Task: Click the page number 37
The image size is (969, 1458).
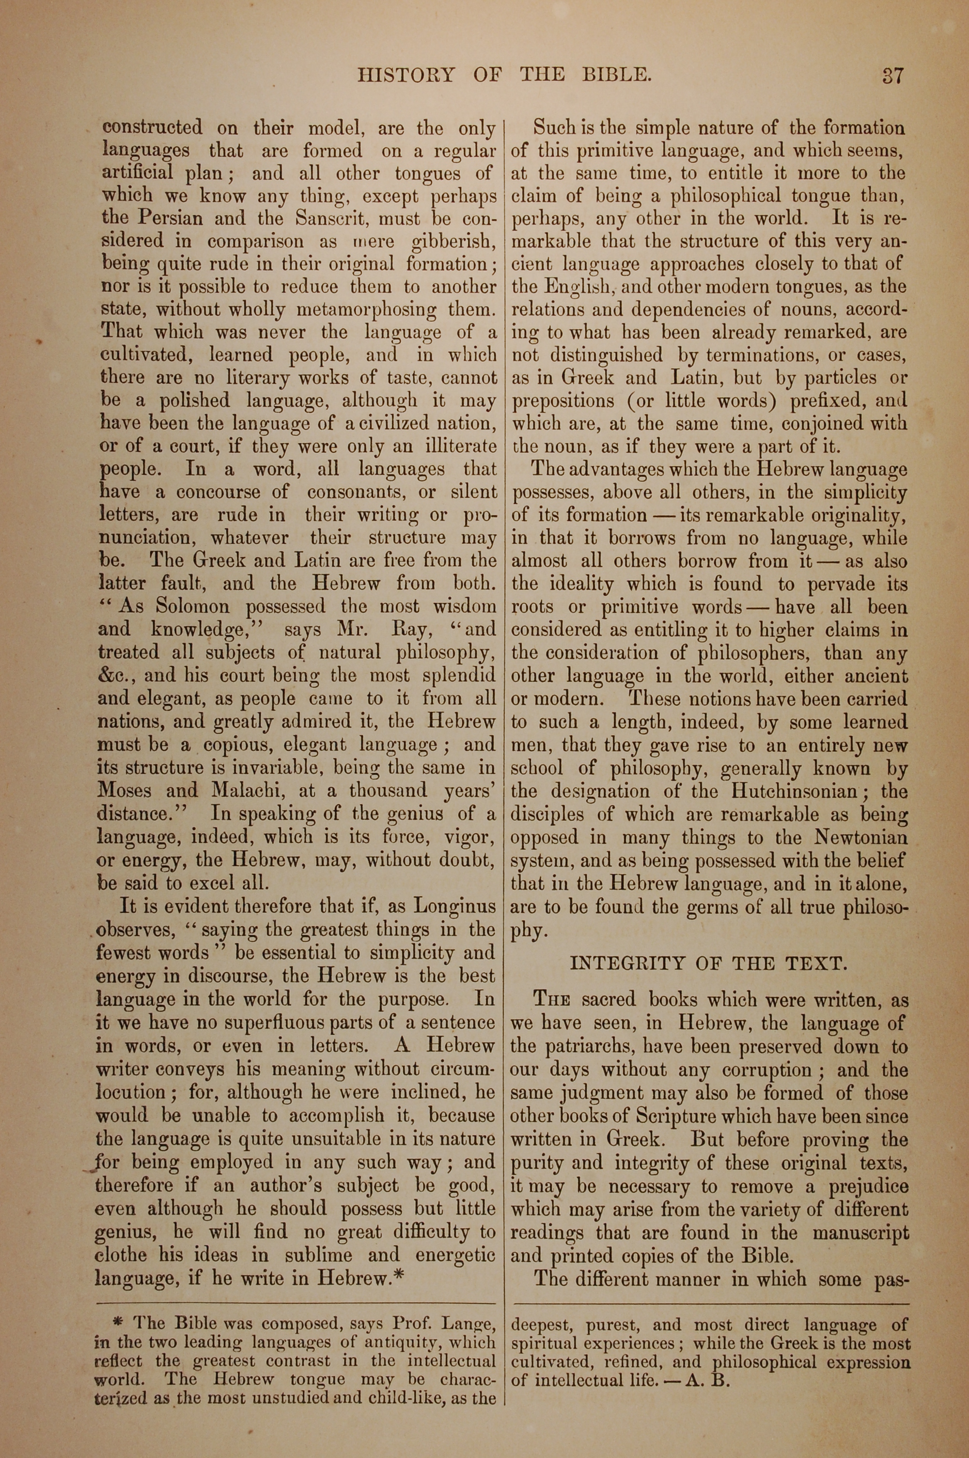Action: [892, 76]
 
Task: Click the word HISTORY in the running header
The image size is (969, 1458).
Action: [406, 76]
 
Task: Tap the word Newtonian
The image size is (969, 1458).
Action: [861, 838]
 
